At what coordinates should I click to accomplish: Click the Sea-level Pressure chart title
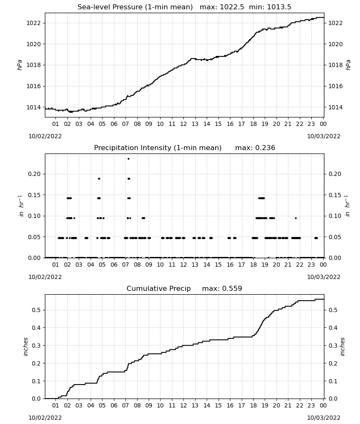(135, 7)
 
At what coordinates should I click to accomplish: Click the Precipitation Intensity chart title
(158, 148)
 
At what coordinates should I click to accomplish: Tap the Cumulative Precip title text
(158, 288)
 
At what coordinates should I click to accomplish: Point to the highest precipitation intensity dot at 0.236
(129, 159)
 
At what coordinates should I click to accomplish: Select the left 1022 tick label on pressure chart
(33, 23)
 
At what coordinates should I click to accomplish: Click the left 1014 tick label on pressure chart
(33, 107)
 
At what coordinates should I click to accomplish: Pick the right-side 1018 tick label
(335, 65)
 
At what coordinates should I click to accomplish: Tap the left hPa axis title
(20, 65)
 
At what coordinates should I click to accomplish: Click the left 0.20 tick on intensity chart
(34, 174)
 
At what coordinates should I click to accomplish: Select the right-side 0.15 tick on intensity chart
(335, 195)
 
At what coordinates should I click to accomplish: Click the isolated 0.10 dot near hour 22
(296, 218)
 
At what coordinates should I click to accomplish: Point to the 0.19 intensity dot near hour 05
(99, 179)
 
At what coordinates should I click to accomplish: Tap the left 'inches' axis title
(26, 347)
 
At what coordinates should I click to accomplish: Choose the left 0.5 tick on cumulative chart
(36, 310)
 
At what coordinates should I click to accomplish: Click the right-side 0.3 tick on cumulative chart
(333, 346)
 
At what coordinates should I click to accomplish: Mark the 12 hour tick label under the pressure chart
(183, 124)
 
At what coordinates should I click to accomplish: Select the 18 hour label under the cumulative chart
(253, 406)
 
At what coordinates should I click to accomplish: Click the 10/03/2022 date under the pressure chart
(324, 136)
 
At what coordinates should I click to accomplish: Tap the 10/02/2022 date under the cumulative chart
(45, 418)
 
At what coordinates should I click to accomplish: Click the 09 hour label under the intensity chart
(149, 265)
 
